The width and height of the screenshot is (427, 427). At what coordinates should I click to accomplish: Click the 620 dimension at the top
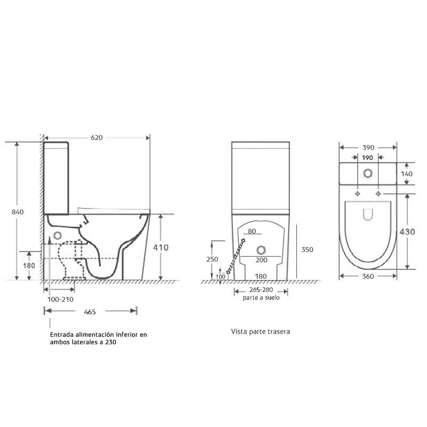(96, 137)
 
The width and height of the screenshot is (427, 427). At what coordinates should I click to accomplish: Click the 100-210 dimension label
(61, 299)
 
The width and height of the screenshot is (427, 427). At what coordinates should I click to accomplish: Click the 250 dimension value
(212, 259)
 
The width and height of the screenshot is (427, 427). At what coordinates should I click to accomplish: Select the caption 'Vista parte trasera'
(260, 331)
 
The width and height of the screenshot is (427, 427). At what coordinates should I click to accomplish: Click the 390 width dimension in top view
(368, 147)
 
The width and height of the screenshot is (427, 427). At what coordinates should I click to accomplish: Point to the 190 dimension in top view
(368, 157)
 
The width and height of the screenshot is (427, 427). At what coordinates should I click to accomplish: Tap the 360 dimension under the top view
(368, 276)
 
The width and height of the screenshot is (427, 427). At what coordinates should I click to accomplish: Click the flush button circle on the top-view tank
(368, 173)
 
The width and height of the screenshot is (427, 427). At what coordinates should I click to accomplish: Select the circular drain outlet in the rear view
(261, 250)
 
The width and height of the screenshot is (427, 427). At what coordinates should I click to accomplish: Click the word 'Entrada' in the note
(62, 335)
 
